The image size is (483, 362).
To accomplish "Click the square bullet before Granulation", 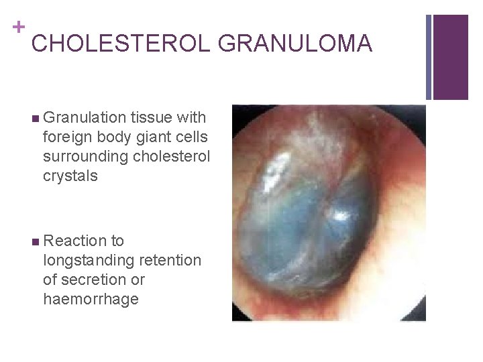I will [x=34, y=119].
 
